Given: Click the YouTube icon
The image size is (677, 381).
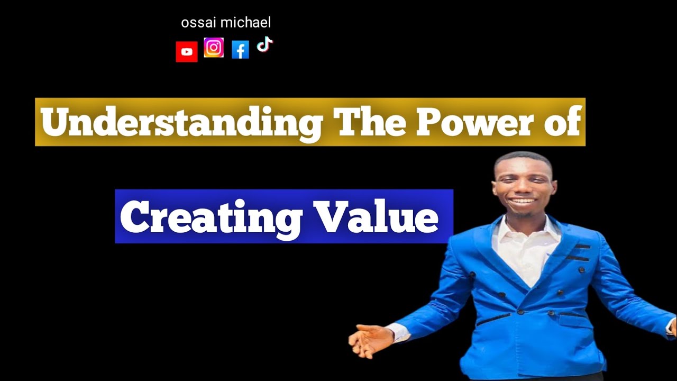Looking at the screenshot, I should [x=187, y=52].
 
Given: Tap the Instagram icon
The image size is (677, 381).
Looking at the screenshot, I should [x=214, y=48].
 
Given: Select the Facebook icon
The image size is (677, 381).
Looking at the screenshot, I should [x=240, y=50].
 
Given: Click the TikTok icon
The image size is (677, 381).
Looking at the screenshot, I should [x=264, y=44].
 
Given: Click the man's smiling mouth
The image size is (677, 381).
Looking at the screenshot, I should [x=523, y=202].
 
